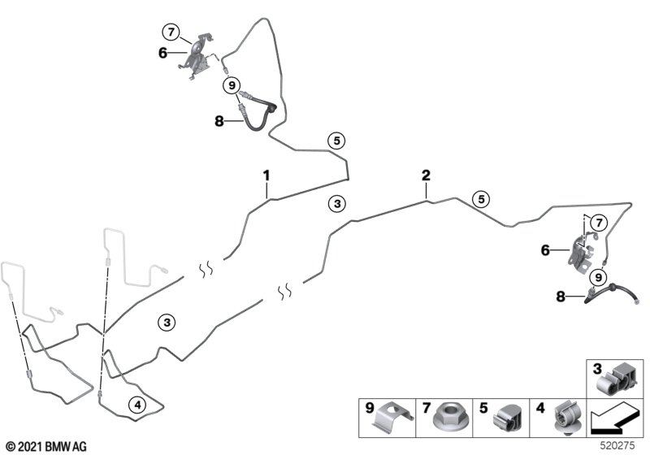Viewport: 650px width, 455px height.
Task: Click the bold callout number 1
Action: point(266,175)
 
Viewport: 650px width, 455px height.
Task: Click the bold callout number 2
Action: point(426,175)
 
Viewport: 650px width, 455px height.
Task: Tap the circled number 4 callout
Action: point(137,405)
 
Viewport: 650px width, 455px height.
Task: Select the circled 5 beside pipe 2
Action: point(481,199)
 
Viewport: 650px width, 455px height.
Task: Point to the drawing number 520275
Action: point(617,445)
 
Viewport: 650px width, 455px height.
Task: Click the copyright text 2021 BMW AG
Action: point(47,447)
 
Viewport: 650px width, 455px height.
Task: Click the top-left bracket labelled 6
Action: point(197,57)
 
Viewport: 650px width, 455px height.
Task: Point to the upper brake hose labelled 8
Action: point(256,111)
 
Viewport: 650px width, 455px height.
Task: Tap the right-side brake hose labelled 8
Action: point(612,293)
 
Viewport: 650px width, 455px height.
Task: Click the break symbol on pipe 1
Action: point(206,270)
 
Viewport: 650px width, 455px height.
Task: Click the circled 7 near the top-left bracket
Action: point(171,32)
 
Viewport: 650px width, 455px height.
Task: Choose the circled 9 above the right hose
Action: point(598,277)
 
